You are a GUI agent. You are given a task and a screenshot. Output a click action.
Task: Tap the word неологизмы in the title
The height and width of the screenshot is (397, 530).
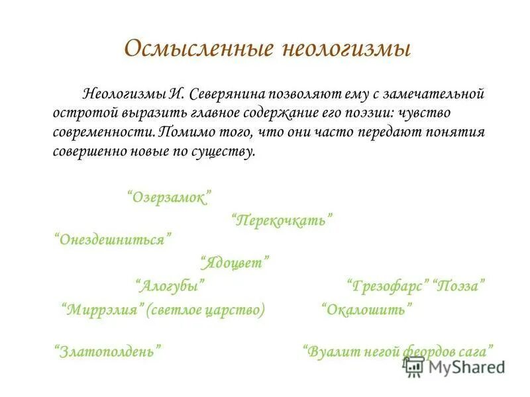pos(344,49)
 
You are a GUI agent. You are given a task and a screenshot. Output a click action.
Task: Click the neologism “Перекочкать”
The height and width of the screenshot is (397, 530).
pos(282,219)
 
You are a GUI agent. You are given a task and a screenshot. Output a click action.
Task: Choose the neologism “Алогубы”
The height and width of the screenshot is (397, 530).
pos(170,286)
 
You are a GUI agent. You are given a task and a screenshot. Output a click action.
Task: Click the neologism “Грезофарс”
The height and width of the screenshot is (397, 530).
pos(387,287)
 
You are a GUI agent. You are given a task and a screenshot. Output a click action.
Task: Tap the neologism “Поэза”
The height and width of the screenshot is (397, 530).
pos(460,287)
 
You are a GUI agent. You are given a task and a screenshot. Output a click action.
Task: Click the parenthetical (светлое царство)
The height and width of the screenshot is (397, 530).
pos(207,309)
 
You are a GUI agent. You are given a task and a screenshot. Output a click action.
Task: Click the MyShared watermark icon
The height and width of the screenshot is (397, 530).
pos(414,367)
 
